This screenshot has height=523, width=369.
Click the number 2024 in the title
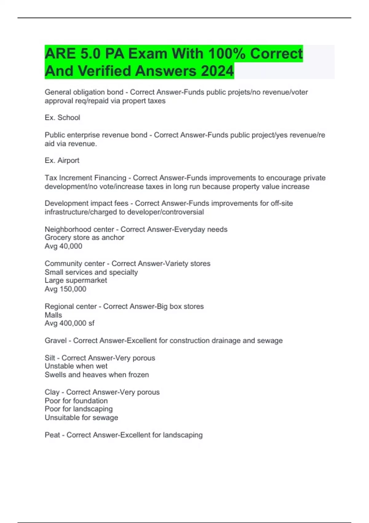point(217,71)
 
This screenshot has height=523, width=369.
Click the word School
point(69,118)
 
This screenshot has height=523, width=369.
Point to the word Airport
point(69,161)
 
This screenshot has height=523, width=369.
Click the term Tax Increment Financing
point(85,178)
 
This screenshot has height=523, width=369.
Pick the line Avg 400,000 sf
point(69,323)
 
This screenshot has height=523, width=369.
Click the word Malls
point(53,315)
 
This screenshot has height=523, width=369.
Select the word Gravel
point(56,341)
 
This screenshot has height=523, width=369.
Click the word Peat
point(52,435)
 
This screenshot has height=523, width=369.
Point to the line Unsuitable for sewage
point(81,417)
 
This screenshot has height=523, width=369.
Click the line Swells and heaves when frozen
point(97,375)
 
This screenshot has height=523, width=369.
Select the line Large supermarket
point(76,280)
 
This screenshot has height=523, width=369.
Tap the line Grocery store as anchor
point(84,238)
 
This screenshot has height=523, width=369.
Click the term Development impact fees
point(86,203)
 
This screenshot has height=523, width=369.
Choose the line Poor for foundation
point(76,401)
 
